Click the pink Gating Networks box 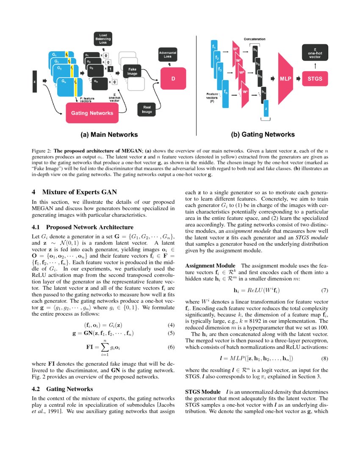pyautogui.click(x=92, y=113)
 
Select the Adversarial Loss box pyautogui.click(x=168, y=54)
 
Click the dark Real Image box pyautogui.click(x=144, y=110)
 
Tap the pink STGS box pyautogui.click(x=315, y=78)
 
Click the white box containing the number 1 pyautogui.click(x=110, y=69)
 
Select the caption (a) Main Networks pyautogui.click(x=109, y=135)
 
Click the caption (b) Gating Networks pyautogui.click(x=263, y=135)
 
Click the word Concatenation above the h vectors pyautogui.click(x=255, y=39)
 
